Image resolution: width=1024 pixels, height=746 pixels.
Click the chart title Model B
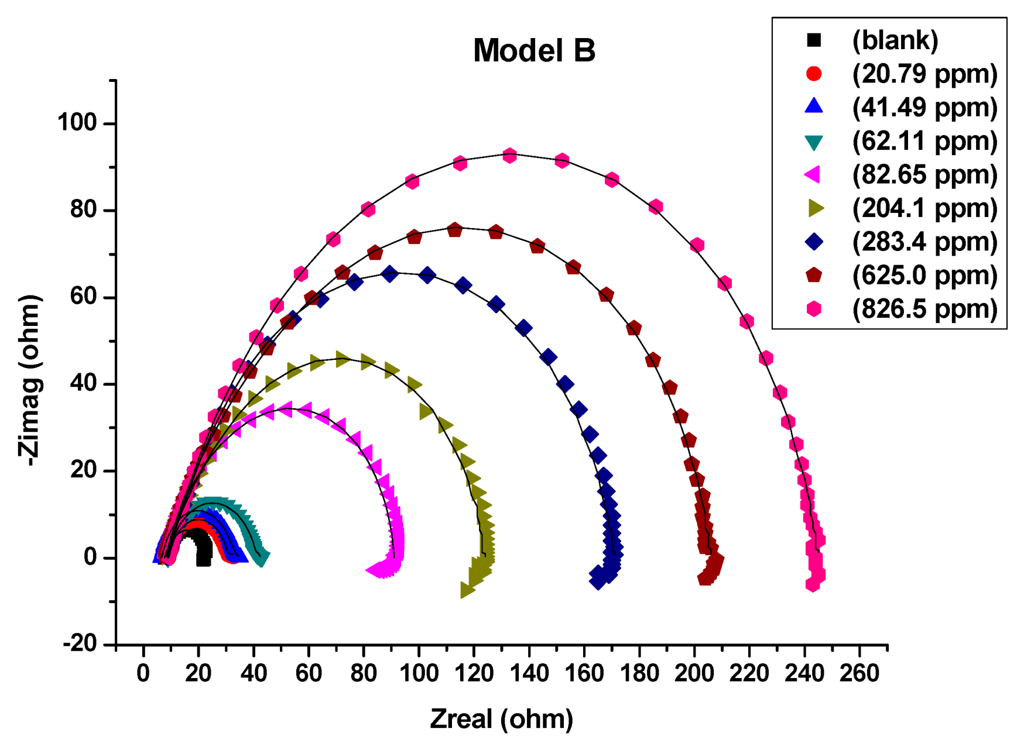click(534, 50)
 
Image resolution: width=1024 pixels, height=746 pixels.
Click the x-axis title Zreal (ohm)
click(502, 719)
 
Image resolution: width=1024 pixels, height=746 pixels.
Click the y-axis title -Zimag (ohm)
click(29, 380)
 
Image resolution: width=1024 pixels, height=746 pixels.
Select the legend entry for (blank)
click(895, 40)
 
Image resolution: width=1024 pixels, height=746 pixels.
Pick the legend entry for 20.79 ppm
click(924, 74)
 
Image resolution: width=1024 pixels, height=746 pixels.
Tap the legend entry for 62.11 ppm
click(924, 141)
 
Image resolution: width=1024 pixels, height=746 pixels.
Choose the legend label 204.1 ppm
click(924, 208)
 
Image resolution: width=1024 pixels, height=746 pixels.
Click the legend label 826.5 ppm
click(924, 309)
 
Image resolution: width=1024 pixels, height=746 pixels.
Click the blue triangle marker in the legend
click(814, 106)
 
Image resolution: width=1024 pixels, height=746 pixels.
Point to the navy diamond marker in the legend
click(814, 242)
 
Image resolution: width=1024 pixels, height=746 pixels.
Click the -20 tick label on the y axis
click(80, 644)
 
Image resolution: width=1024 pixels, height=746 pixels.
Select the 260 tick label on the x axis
click(859, 673)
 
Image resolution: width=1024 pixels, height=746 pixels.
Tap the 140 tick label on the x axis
click(529, 673)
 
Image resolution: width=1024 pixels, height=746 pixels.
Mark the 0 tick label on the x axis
click(143, 673)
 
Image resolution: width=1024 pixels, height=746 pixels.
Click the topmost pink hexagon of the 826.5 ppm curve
click(509, 156)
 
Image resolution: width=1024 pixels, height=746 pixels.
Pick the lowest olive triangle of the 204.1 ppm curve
click(467, 590)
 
